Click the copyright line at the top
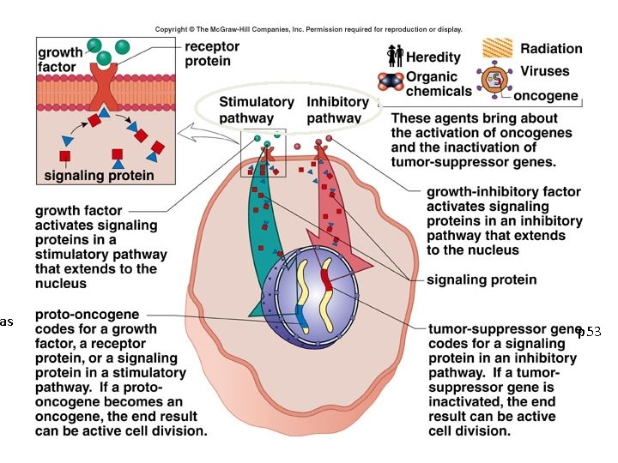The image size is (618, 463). [x=308, y=29]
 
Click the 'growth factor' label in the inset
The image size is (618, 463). [x=61, y=58]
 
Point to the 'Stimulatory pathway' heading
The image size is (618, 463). [x=257, y=110]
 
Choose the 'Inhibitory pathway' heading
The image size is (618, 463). [x=337, y=110]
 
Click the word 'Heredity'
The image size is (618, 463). [x=433, y=57]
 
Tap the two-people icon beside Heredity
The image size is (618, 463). [x=395, y=56]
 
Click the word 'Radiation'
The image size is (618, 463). [x=551, y=49]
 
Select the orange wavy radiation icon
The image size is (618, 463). [x=498, y=47]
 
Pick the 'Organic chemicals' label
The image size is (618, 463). [x=439, y=83]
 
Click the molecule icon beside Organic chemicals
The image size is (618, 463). [x=392, y=81]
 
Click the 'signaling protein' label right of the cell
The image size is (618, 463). [x=482, y=280]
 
